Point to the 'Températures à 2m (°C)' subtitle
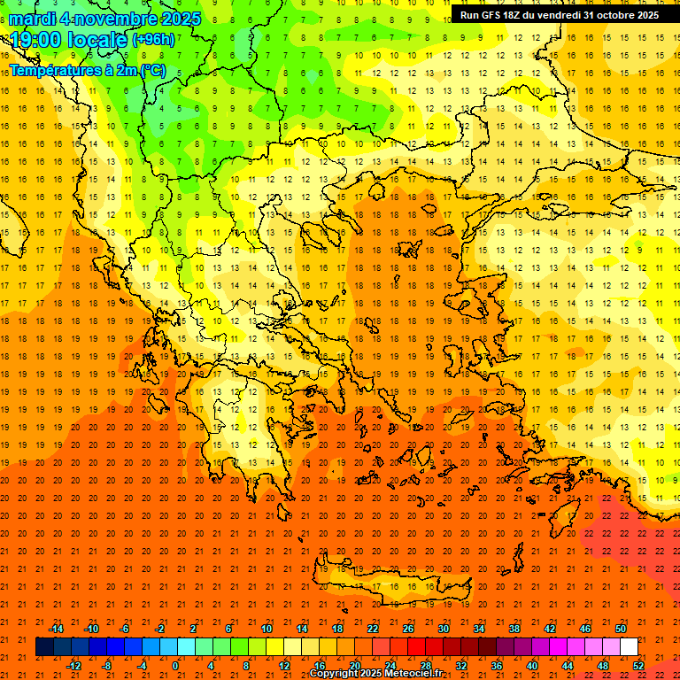88,70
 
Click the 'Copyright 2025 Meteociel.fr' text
375,674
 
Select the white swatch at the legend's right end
629,647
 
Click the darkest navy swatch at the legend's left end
44,647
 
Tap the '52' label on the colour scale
639,666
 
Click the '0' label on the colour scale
175,666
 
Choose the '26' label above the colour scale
408,629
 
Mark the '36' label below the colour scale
497,666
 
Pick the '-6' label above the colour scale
125,629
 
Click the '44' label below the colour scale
568,666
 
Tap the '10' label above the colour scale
267,629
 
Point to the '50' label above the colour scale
621,629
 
